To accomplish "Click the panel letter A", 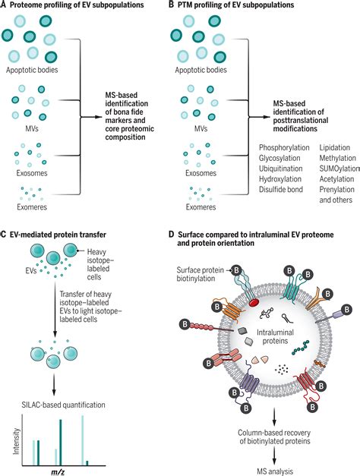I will (5, 5).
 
